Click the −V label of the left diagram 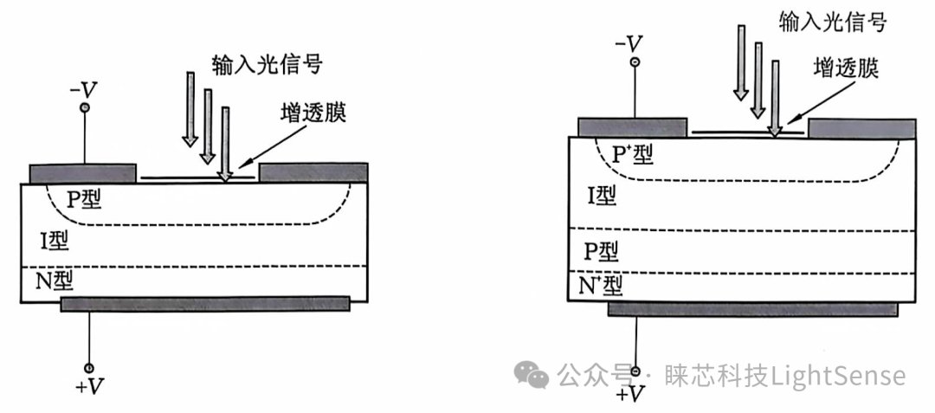pyautogui.click(x=83, y=90)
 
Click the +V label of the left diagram pyautogui.click(x=90, y=388)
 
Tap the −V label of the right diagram pyautogui.click(x=629, y=43)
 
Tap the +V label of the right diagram pyautogui.click(x=631, y=395)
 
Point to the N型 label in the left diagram pyautogui.click(x=54, y=281)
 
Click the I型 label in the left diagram pyautogui.click(x=55, y=241)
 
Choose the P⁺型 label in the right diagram pyautogui.click(x=633, y=155)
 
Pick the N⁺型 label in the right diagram pyautogui.click(x=601, y=287)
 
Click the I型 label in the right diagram pyautogui.click(x=603, y=196)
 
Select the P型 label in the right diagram pyautogui.click(x=601, y=252)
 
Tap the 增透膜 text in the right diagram pyautogui.click(x=846, y=69)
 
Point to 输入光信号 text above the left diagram pyautogui.click(x=268, y=64)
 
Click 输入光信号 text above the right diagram pyautogui.click(x=833, y=22)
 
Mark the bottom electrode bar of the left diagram pyautogui.click(x=205, y=305)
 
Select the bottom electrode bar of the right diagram pyautogui.click(x=752, y=309)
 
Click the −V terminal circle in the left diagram pyautogui.click(x=85, y=108)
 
